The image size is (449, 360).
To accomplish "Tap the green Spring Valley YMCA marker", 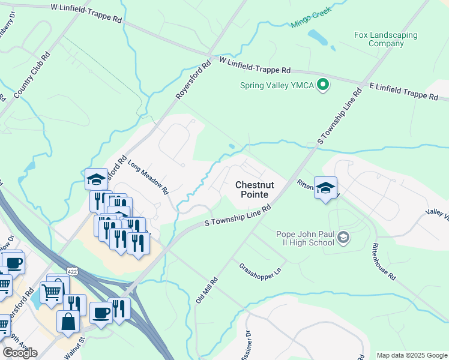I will tap(323, 85).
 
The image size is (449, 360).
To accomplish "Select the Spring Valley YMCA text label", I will tap(277, 85).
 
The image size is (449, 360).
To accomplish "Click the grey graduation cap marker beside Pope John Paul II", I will tap(343, 238).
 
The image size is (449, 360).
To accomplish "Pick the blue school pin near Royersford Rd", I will tap(97, 179).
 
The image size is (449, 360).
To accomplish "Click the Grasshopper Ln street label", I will tap(260, 271).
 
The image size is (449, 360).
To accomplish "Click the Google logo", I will tap(20, 353).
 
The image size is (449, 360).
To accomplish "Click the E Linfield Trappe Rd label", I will tap(403, 92).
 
